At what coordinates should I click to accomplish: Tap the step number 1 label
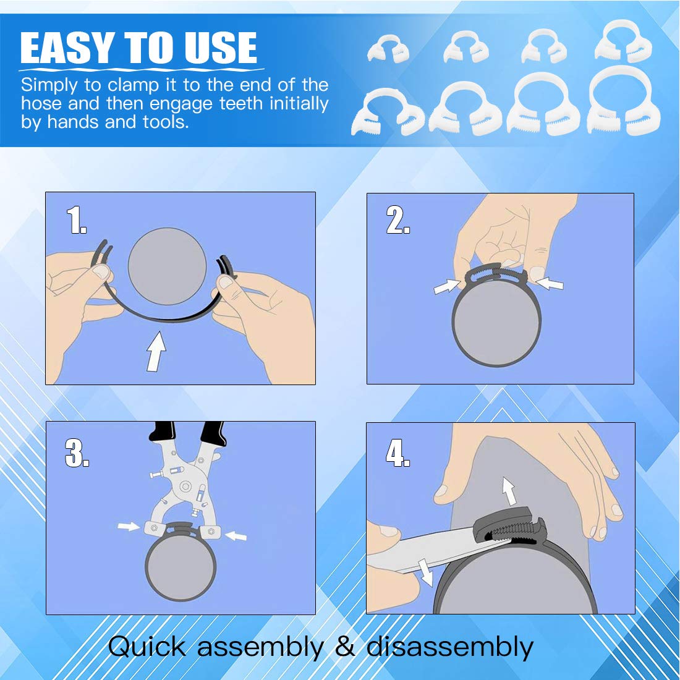pos(76,220)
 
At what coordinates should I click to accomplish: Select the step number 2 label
pos(397,220)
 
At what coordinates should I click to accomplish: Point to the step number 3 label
pos(77,453)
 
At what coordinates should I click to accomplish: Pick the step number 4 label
pos(397,453)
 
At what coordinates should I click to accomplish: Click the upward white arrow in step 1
pos(156,351)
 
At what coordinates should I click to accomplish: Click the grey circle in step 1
pos(167,266)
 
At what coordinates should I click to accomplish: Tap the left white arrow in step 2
pos(447,286)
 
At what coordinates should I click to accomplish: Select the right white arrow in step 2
pos(550,284)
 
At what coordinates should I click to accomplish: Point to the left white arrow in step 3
pos(129,527)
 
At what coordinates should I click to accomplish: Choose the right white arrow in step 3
pos(236,535)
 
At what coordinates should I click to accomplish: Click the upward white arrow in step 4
pos(509,491)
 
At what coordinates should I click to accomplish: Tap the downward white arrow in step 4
pos(425,572)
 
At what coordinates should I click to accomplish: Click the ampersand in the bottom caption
pos(345,647)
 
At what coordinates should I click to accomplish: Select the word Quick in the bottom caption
pos(147,647)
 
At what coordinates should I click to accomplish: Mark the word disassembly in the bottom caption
pos(449,647)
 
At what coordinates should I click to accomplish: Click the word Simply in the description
pos(49,85)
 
